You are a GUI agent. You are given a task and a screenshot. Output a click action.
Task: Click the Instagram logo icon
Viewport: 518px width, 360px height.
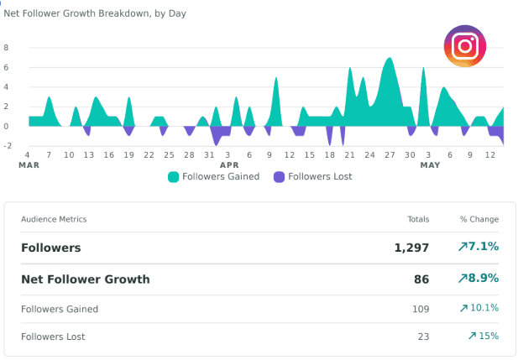coord(465,46)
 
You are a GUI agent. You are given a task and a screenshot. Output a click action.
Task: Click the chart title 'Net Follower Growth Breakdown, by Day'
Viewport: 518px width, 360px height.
coord(95,13)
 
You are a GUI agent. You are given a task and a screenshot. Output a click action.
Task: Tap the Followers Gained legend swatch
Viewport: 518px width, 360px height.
coord(174,177)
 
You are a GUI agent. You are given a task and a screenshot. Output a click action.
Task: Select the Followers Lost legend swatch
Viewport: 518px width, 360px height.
coord(280,177)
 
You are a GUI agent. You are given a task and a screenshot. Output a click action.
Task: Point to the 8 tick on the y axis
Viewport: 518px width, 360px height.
coord(6,48)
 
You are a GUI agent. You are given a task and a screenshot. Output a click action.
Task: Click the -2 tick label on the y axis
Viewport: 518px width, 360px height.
coord(8,146)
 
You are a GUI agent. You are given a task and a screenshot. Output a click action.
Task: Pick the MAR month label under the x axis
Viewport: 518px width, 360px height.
coord(29,165)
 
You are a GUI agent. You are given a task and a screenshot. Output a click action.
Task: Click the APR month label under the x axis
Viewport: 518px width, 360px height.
coord(229,165)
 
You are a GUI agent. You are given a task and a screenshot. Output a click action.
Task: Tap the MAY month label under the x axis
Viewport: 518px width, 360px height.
coord(430,165)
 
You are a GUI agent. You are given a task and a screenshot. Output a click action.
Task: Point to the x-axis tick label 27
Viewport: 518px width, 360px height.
coord(390,155)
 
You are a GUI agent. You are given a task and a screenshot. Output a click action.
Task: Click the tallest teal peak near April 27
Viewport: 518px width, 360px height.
coord(390,58)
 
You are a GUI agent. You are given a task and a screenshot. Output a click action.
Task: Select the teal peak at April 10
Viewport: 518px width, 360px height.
coord(276,78)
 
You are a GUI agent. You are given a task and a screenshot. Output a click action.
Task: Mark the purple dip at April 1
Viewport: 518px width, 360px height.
coord(217,144)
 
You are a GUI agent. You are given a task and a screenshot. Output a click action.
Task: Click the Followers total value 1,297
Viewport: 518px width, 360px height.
coord(411,248)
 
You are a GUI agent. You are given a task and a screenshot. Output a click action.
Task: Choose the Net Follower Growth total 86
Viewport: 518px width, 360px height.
coord(421,279)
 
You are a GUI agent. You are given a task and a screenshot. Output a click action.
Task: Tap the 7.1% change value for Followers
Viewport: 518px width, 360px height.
coord(479,247)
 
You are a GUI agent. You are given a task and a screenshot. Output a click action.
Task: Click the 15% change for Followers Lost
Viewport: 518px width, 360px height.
coord(484,336)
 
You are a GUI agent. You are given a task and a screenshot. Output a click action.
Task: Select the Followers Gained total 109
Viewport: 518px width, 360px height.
coord(421,309)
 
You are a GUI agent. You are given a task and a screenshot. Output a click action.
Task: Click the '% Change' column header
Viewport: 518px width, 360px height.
coord(479,219)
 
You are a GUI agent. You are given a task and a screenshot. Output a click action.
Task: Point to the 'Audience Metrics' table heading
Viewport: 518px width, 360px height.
coord(54,219)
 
